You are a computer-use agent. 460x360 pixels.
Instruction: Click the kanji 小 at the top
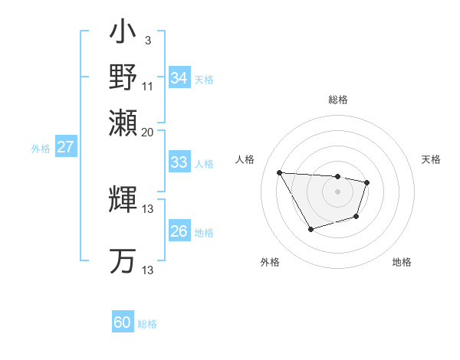click(123, 34)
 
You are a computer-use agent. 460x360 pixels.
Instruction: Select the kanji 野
click(123, 77)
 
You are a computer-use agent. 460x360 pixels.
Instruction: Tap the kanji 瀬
click(123, 122)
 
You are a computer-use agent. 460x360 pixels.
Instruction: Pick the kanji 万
click(123, 260)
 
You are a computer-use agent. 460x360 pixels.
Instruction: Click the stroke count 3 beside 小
click(147, 39)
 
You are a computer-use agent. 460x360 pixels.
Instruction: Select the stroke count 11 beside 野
click(147, 85)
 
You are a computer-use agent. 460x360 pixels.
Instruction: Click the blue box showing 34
click(179, 78)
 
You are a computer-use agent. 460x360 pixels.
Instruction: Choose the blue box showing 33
click(179, 162)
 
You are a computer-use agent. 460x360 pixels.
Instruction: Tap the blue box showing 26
click(179, 231)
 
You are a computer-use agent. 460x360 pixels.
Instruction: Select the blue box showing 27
click(65, 147)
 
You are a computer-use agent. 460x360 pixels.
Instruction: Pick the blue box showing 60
click(123, 322)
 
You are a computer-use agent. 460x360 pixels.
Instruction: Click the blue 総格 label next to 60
click(147, 324)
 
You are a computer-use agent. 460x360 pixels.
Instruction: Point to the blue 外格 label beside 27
click(41, 149)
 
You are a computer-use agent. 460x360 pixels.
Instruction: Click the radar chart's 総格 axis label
click(337, 100)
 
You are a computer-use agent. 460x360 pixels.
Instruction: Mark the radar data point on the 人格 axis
click(280, 172)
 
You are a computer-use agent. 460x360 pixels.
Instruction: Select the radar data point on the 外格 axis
click(310, 229)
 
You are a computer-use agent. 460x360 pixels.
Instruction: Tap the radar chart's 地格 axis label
click(402, 262)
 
